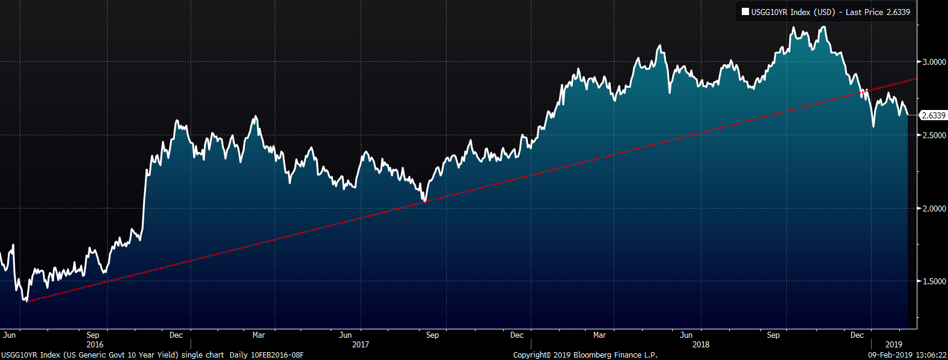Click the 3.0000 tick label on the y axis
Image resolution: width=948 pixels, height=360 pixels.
(x=934, y=62)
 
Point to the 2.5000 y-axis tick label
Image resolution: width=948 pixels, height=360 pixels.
(x=934, y=135)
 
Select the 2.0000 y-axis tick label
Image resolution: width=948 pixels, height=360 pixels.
(x=934, y=209)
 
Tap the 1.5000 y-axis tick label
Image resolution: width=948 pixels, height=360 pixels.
(x=934, y=281)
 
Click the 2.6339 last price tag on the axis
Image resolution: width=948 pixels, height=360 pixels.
(x=934, y=115)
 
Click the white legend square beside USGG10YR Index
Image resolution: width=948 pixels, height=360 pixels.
(x=745, y=12)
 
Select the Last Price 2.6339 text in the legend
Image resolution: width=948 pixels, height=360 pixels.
(x=878, y=12)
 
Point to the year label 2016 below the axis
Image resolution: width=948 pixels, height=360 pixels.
(x=95, y=344)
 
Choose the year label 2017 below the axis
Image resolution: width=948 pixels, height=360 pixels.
(x=361, y=344)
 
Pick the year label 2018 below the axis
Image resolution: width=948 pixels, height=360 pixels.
(x=701, y=344)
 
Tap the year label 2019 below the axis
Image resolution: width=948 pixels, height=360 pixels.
(x=894, y=344)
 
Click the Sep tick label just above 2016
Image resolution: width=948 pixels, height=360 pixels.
(x=93, y=335)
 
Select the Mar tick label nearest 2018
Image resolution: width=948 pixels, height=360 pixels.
(x=599, y=335)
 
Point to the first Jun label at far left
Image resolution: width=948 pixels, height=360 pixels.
(x=10, y=335)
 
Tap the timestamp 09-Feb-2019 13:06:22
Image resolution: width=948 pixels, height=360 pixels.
(x=907, y=355)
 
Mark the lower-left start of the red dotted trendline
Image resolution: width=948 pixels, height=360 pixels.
(x=26, y=301)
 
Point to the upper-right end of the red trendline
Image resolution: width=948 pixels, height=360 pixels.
(x=916, y=79)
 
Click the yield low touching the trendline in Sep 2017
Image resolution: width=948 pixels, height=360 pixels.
(x=424, y=201)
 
